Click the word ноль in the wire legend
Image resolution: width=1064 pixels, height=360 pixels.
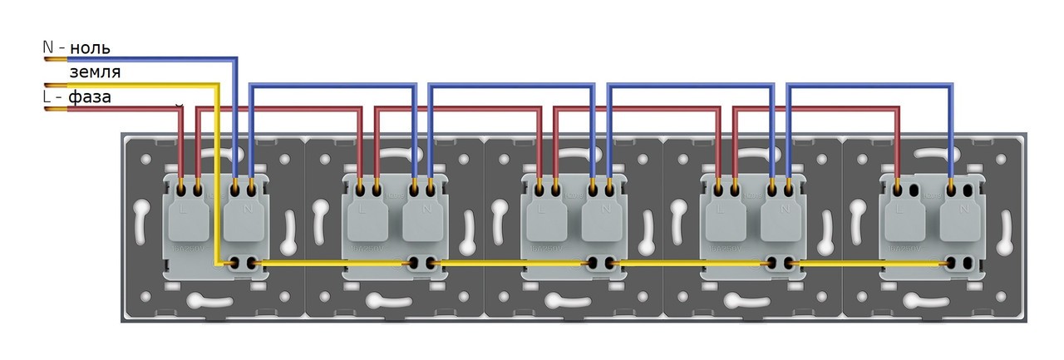click(90, 48)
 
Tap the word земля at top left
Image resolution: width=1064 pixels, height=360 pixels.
click(94, 72)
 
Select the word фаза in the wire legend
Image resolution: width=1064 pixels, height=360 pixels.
click(90, 97)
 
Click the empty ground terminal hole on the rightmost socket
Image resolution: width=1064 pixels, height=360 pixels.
click(968, 263)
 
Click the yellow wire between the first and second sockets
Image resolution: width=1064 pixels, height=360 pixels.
click(332, 264)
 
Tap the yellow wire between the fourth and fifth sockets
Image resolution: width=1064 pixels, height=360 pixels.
click(840, 264)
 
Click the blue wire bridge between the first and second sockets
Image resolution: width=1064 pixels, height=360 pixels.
click(332, 85)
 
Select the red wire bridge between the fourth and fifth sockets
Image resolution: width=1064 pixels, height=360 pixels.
click(815, 108)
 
